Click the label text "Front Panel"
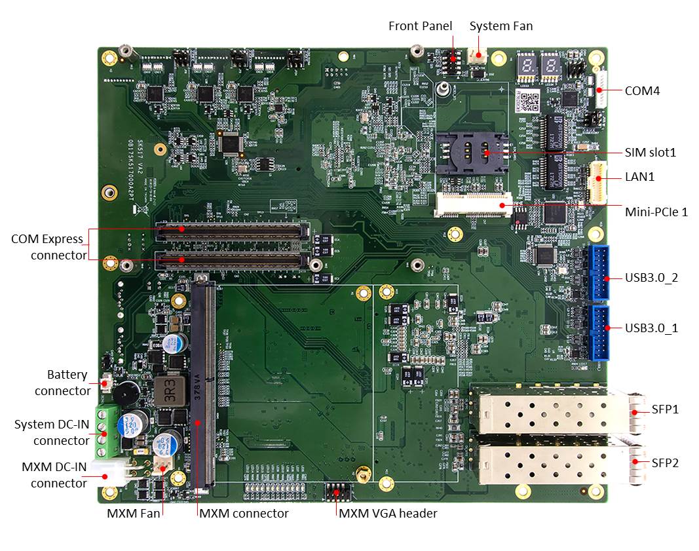[420, 26]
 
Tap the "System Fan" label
[501, 26]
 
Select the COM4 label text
[642, 90]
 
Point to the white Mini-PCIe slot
[473, 205]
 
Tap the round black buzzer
[124, 394]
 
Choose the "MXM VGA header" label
[388, 513]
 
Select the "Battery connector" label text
[64, 383]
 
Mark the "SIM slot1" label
[650, 153]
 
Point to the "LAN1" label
[639, 177]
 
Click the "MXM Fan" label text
[133, 514]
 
